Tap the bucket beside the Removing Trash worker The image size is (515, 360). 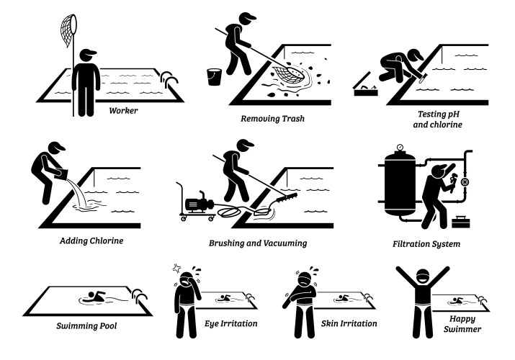[x=214, y=77]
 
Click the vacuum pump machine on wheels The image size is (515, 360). [x=199, y=204]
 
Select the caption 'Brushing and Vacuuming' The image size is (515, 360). [x=258, y=243]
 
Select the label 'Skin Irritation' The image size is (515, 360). [x=349, y=324]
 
